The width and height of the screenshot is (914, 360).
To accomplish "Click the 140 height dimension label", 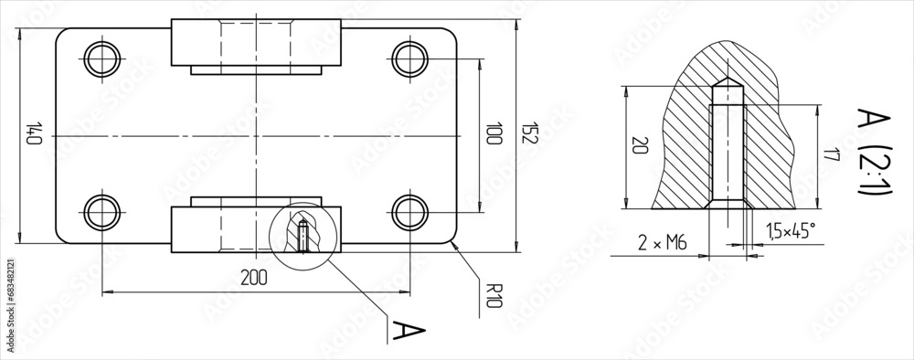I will click(x=34, y=135).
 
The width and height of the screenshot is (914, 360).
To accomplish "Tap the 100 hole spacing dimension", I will click(x=494, y=135).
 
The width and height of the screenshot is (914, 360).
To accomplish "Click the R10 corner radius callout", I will click(x=494, y=297).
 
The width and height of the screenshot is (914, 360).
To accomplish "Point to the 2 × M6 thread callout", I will click(x=661, y=242).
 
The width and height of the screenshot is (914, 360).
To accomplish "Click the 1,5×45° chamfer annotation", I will click(x=791, y=232).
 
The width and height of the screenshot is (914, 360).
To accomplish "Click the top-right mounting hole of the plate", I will click(x=409, y=58).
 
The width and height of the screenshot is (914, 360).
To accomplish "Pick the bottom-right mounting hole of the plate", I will click(x=409, y=212).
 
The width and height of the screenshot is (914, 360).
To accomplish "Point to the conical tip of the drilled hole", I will click(x=726, y=84).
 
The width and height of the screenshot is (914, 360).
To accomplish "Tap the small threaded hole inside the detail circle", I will click(x=303, y=236).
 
